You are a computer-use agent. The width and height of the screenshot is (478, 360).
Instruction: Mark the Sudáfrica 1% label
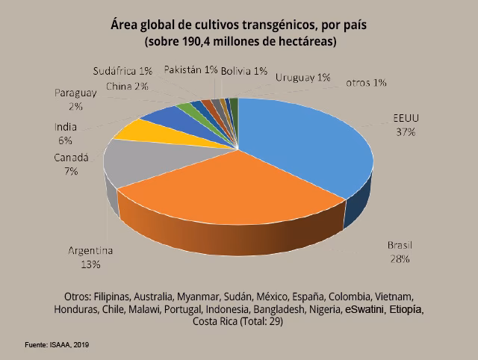[123, 71]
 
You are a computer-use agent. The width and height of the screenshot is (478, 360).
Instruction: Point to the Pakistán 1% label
[190, 69]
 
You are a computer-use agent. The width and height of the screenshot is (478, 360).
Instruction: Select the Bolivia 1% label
[244, 71]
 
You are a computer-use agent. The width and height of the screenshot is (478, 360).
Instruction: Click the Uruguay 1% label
[302, 77]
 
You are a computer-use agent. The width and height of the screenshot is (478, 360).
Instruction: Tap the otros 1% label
[366, 83]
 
